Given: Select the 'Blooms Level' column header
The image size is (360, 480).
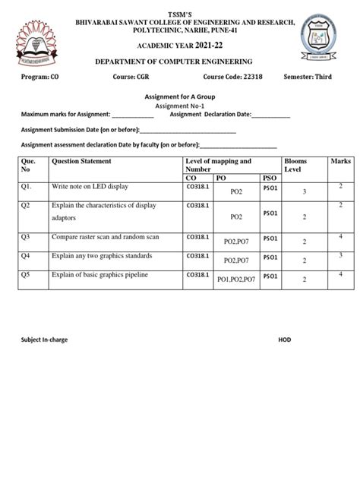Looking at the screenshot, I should tap(295, 166).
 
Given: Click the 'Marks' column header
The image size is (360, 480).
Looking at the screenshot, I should tap(341, 162).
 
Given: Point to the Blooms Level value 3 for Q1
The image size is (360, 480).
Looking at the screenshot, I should tap(304, 193).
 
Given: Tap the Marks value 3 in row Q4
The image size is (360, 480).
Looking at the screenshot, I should tap(341, 255).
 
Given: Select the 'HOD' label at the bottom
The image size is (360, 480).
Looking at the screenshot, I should tap(285, 339).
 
